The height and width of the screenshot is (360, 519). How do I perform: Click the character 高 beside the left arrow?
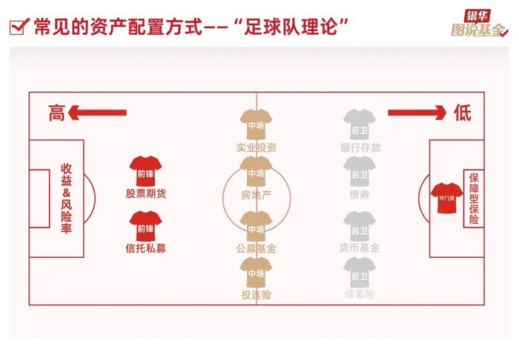point(57,113)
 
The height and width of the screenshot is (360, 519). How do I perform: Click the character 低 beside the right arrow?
point(462,113)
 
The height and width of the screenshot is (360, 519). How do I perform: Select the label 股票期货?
point(145,194)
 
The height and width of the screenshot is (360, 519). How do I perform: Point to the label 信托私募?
point(145,249)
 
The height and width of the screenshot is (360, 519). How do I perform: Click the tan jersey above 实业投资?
point(256,124)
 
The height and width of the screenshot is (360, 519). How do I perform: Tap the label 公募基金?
point(256,249)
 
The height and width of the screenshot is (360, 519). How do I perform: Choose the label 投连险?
point(256,295)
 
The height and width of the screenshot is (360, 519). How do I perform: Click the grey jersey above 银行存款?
point(360,124)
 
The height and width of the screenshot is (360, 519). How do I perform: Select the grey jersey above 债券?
point(360,172)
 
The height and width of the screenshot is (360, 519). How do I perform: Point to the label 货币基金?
point(360,248)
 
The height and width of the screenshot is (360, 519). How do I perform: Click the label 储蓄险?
point(360,294)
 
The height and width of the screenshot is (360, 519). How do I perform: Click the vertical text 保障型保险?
point(473,199)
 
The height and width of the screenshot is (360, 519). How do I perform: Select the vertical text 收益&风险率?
point(65,199)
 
